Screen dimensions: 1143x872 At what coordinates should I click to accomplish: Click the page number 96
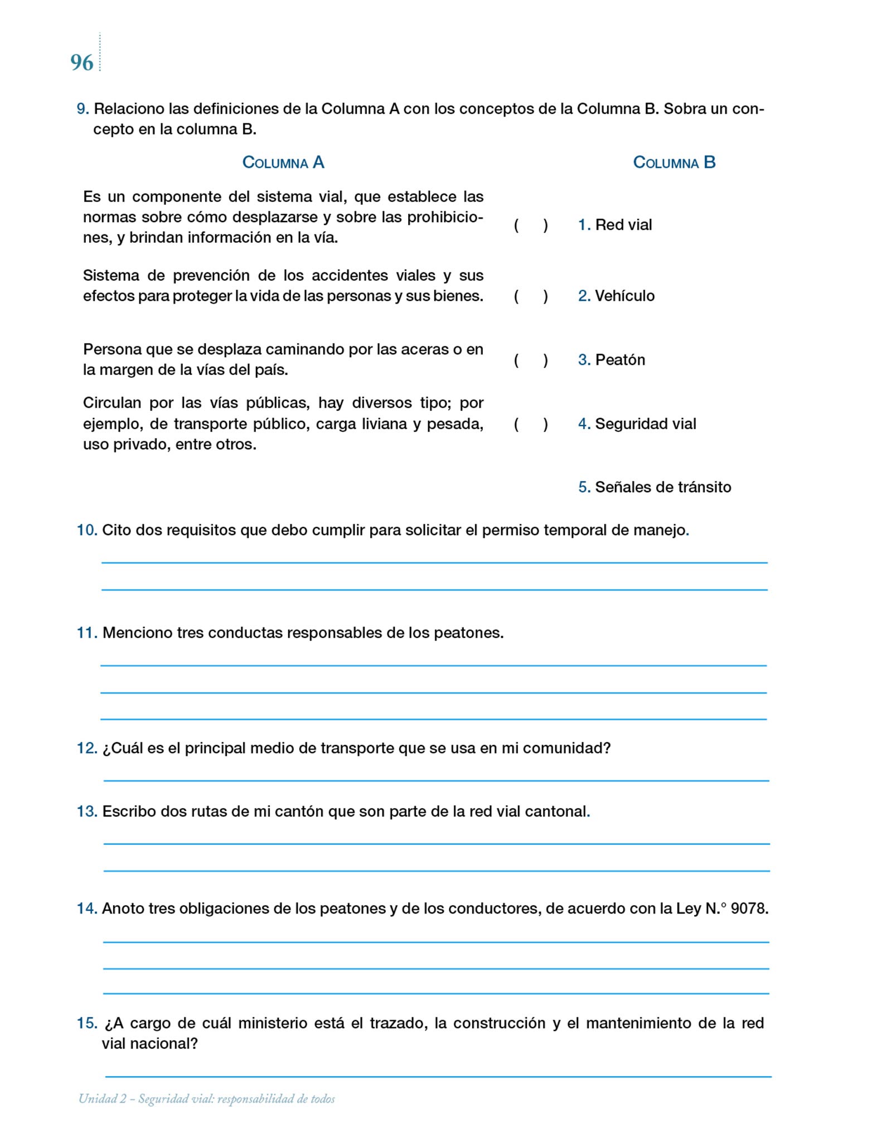(x=81, y=63)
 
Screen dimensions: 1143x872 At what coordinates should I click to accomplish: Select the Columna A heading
(x=283, y=162)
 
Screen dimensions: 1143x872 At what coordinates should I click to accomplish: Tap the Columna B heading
(x=674, y=162)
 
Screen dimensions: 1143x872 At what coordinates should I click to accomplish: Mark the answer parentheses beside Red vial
(x=531, y=225)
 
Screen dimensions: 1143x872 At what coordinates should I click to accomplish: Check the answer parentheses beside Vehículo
(x=531, y=296)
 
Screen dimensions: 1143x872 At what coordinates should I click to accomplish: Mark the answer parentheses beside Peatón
(x=531, y=361)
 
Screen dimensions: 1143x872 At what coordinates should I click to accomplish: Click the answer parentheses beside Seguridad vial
(x=531, y=425)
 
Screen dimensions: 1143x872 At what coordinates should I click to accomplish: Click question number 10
(x=87, y=530)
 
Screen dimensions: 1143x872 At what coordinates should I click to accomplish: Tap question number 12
(x=87, y=748)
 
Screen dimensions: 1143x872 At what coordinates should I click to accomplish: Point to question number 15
(x=87, y=1024)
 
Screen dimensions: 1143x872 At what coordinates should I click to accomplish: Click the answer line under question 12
(x=436, y=780)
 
